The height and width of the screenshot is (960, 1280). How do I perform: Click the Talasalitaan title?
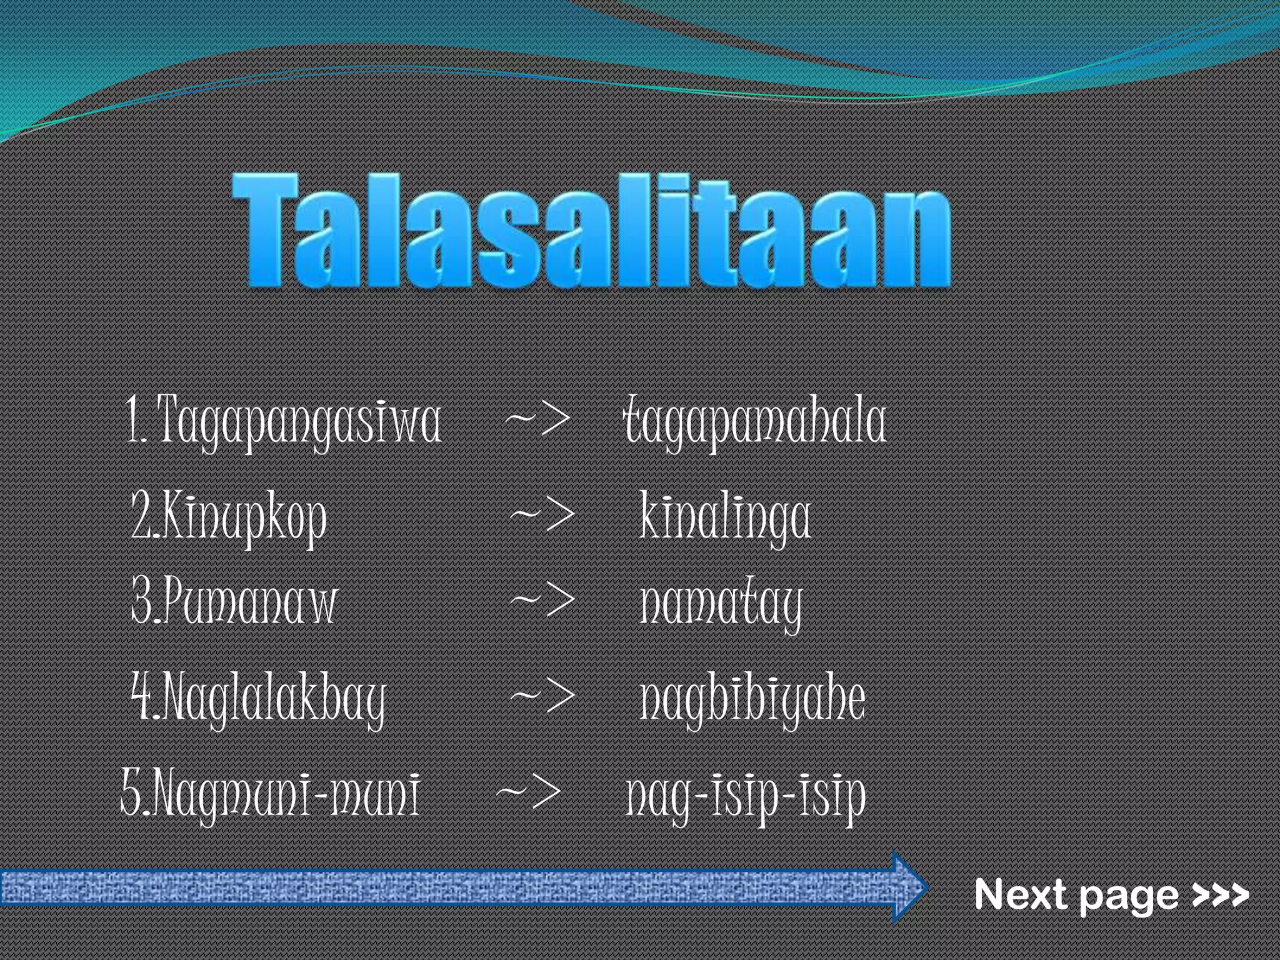click(591, 231)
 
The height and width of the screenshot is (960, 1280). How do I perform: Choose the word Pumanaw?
click(252, 602)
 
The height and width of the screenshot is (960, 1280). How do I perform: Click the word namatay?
click(721, 604)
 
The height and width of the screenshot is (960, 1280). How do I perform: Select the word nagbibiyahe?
click(752, 699)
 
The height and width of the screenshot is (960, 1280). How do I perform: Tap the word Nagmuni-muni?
click(286, 795)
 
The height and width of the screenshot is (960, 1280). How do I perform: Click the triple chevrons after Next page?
click(1220, 895)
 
